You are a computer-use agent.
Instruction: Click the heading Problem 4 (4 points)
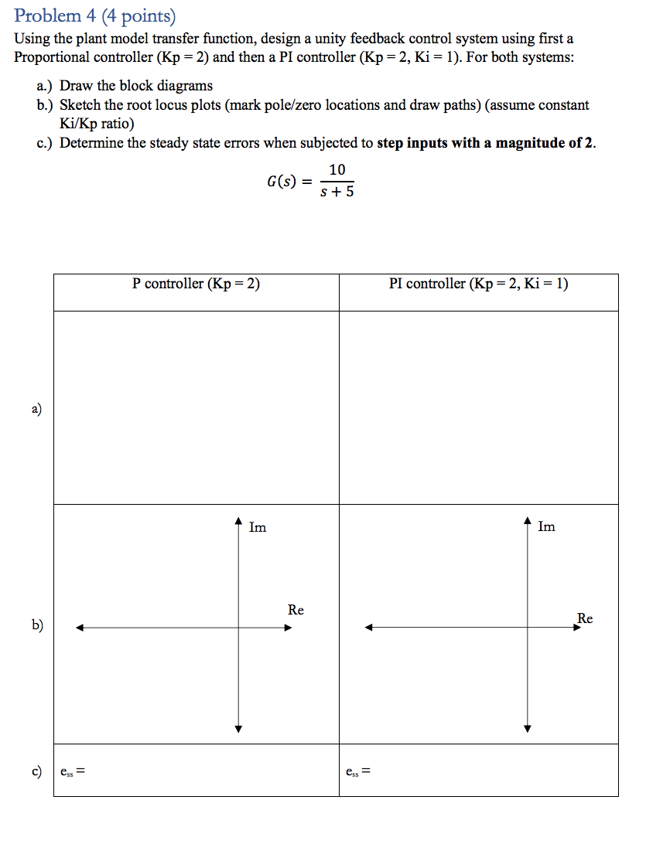point(95,15)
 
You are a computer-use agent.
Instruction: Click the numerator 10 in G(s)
point(337,170)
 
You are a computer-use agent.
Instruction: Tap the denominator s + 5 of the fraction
point(337,192)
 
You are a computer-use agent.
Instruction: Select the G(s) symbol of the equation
point(282,182)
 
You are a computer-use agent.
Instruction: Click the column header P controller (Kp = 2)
point(196,284)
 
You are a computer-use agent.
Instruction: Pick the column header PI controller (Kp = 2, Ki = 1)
point(478,284)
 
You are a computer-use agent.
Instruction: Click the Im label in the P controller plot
point(258,528)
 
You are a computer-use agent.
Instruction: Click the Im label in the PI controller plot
point(546,527)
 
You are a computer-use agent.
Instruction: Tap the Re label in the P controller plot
point(296,610)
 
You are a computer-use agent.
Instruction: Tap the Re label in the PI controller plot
point(585,618)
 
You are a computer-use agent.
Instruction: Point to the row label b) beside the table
point(37,625)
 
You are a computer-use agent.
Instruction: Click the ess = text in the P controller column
point(72,771)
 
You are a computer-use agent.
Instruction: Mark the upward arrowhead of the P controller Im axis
point(239,522)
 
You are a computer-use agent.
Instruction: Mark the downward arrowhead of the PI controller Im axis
point(528,728)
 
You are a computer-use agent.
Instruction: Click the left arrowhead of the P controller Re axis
point(79,628)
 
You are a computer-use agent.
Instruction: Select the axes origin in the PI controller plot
point(528,628)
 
